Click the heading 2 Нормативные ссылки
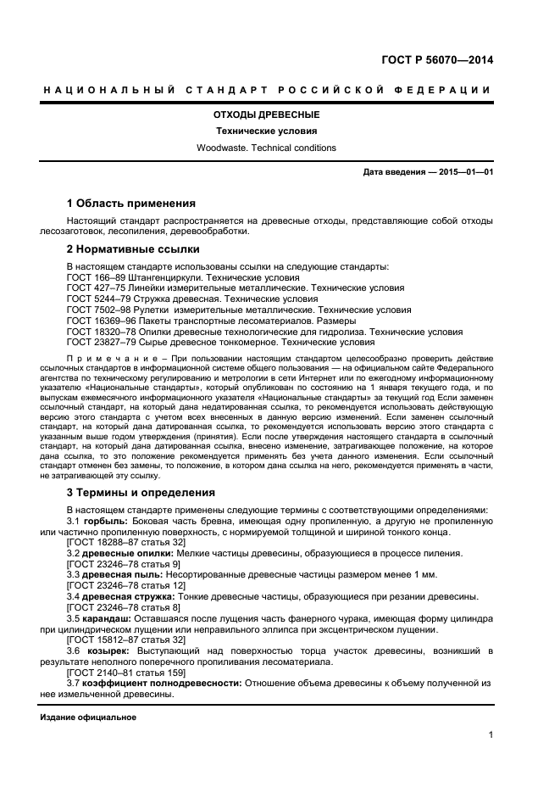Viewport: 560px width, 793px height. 133,249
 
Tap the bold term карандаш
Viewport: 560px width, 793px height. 109,619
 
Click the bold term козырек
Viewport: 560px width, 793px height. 107,650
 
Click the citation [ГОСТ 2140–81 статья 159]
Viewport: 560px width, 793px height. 125,672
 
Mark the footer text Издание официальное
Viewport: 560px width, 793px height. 88,718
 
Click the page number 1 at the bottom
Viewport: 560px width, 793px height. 491,735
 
